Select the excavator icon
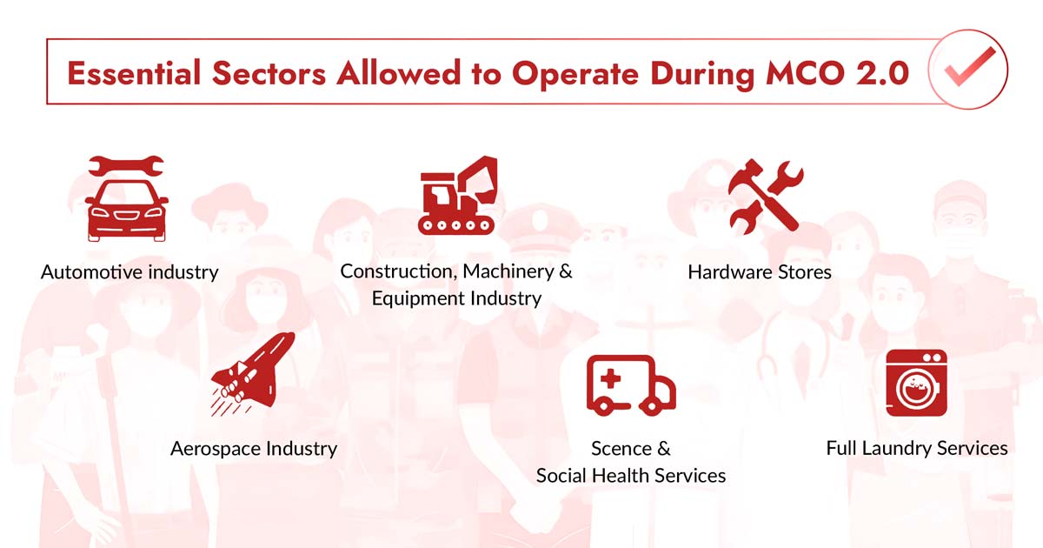coord(457,196)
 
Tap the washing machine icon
coord(916,383)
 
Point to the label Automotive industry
coord(130,272)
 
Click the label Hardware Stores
coord(760,272)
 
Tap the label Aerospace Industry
coord(253,449)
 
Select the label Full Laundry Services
coord(917,449)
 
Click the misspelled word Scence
coord(621,449)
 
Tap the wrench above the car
coord(126,165)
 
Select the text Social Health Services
coord(631,476)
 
